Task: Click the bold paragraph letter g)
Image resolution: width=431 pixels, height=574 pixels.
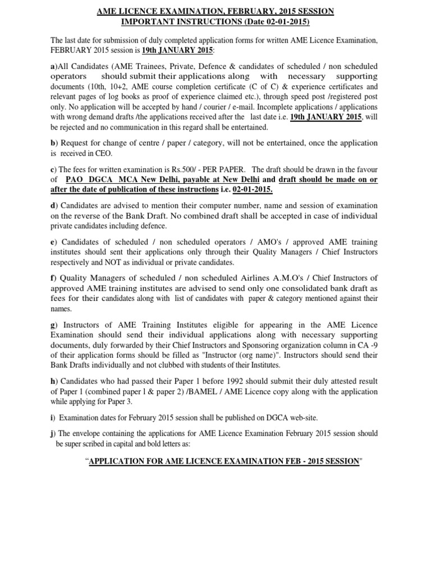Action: (x=53, y=325)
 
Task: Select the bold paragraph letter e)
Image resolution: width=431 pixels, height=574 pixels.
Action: (x=53, y=242)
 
